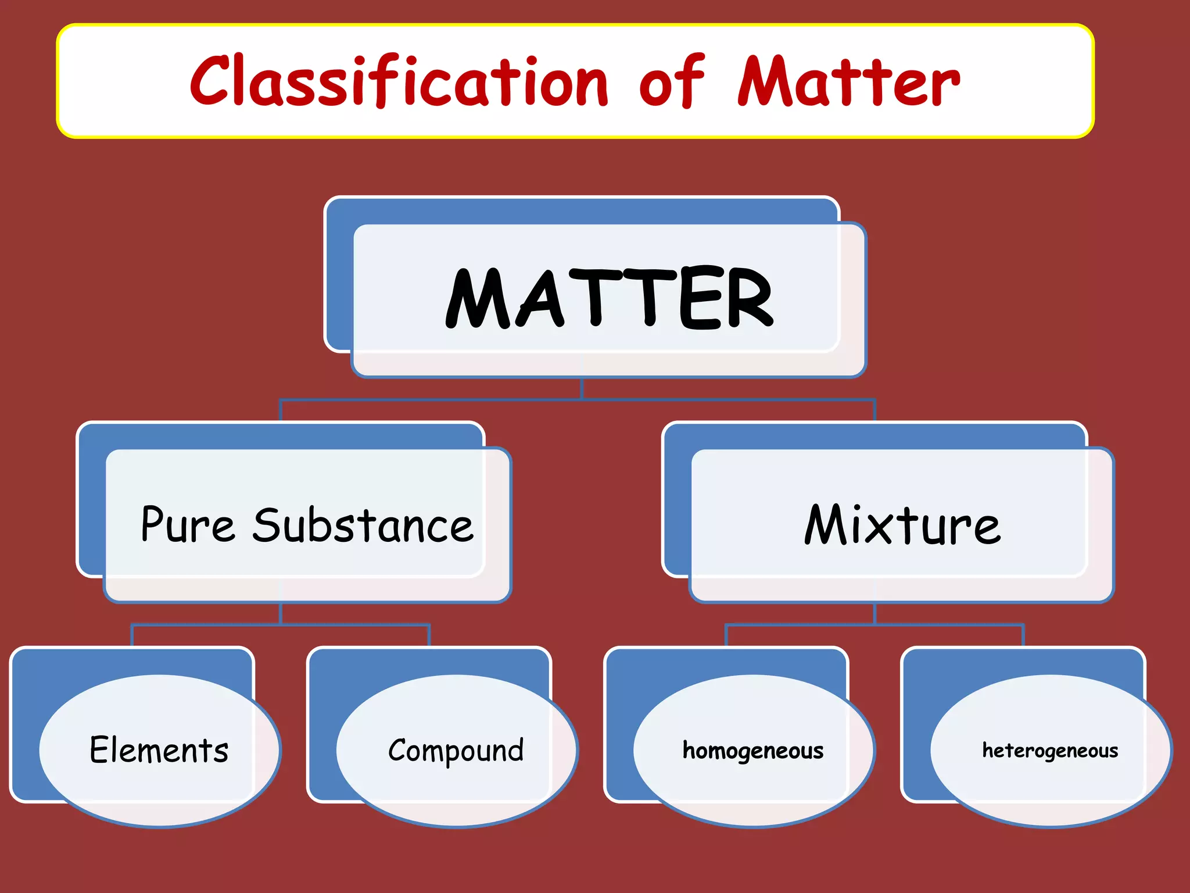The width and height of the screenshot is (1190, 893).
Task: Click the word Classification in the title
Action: click(x=399, y=81)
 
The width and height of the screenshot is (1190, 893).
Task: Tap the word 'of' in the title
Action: click(x=672, y=81)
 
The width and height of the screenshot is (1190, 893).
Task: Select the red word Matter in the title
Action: click(x=848, y=81)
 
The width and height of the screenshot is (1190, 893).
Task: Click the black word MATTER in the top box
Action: click(x=609, y=298)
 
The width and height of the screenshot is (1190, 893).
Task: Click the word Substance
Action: click(x=363, y=525)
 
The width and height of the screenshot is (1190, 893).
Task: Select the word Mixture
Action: click(x=902, y=525)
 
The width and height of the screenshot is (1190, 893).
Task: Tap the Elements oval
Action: click(x=159, y=750)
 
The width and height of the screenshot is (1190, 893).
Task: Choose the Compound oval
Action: click(x=457, y=750)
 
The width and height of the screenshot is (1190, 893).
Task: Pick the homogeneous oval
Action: click(x=754, y=750)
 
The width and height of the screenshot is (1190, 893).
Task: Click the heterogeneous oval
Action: click(x=1051, y=750)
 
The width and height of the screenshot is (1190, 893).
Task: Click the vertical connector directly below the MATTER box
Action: click(x=582, y=388)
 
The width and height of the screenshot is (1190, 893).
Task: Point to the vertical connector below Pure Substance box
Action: click(x=281, y=614)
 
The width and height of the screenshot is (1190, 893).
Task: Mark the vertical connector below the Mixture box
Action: click(x=874, y=614)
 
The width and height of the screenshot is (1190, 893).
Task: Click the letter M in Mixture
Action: click(x=825, y=524)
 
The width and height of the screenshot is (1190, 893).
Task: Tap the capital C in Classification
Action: click(x=210, y=81)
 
